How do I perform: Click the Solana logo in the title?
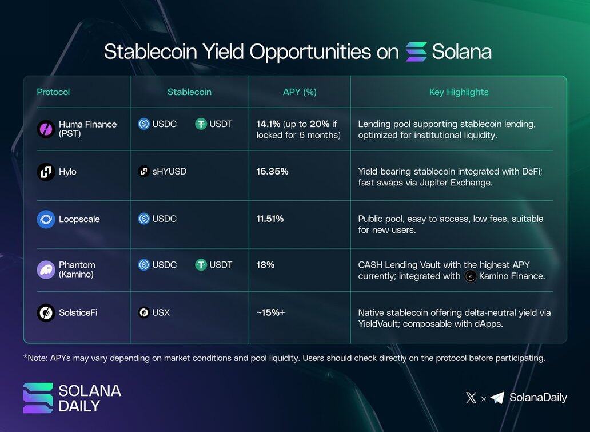pyautogui.click(x=416, y=51)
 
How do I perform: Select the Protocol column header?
pyautogui.click(x=53, y=92)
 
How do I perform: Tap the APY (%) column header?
pyautogui.click(x=300, y=92)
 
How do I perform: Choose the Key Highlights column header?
pyautogui.click(x=459, y=92)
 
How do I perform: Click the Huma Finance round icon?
pyautogui.click(x=46, y=129)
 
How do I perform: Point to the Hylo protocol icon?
pyautogui.click(x=46, y=172)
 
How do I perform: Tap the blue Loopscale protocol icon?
pyautogui.click(x=46, y=219)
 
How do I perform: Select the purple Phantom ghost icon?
pyautogui.click(x=46, y=269)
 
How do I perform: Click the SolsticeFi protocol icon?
pyautogui.click(x=46, y=312)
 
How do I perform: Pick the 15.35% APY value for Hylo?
pyautogui.click(x=273, y=171)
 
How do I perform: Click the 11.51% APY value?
pyautogui.click(x=270, y=219)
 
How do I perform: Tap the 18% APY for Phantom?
pyautogui.click(x=265, y=265)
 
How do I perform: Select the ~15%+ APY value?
pyautogui.click(x=271, y=312)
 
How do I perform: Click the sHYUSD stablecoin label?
pyautogui.click(x=169, y=171)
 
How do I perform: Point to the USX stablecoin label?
pyautogui.click(x=161, y=312)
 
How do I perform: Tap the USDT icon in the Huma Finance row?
pyautogui.click(x=201, y=124)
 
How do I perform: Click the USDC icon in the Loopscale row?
pyautogui.click(x=143, y=219)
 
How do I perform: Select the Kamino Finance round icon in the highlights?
pyautogui.click(x=471, y=276)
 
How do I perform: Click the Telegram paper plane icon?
pyautogui.click(x=497, y=398)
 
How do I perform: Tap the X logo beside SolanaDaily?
pyautogui.click(x=471, y=398)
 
